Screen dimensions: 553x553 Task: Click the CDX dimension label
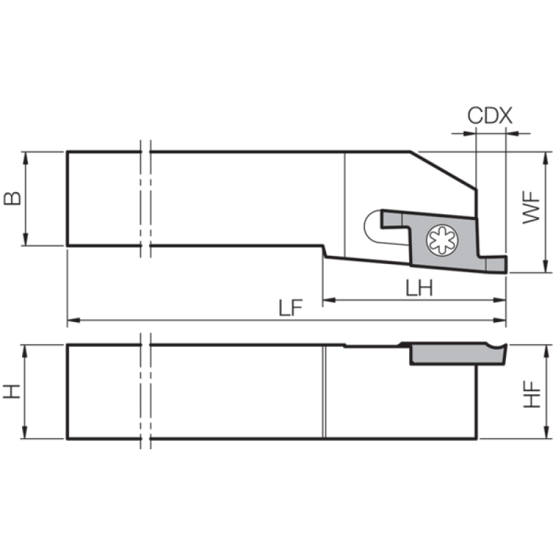tap(490, 115)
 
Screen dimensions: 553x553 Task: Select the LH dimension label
tap(419, 288)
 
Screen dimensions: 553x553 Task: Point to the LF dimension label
tap(290, 308)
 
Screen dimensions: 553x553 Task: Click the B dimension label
tap(12, 198)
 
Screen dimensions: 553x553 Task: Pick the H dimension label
tap(12, 391)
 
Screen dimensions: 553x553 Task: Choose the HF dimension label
tap(532, 394)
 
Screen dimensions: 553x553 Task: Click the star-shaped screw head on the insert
tap(442, 241)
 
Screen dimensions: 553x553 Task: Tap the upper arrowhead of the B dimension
tap(25, 158)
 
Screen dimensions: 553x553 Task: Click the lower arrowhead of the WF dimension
tap(546, 266)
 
